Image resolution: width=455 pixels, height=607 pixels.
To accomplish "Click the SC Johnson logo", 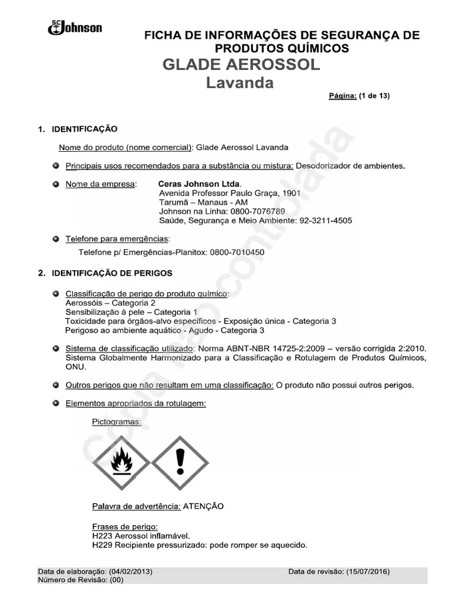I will coord(75,27).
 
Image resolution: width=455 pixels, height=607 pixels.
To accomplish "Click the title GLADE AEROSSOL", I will coord(241,65).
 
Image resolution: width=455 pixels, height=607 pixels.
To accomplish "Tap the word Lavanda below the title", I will coord(240,83).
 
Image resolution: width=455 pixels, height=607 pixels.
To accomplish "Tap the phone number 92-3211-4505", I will coord(326,221).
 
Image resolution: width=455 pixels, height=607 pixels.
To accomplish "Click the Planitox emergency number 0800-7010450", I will coord(236,252).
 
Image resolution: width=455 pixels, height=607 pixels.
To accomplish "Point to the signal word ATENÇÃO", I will coord(203,506).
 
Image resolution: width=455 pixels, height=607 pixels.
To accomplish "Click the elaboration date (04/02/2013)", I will coord(130,571).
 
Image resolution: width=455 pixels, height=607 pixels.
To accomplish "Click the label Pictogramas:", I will coord(117,422).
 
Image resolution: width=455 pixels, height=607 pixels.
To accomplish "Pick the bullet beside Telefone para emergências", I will coord(56,239).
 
